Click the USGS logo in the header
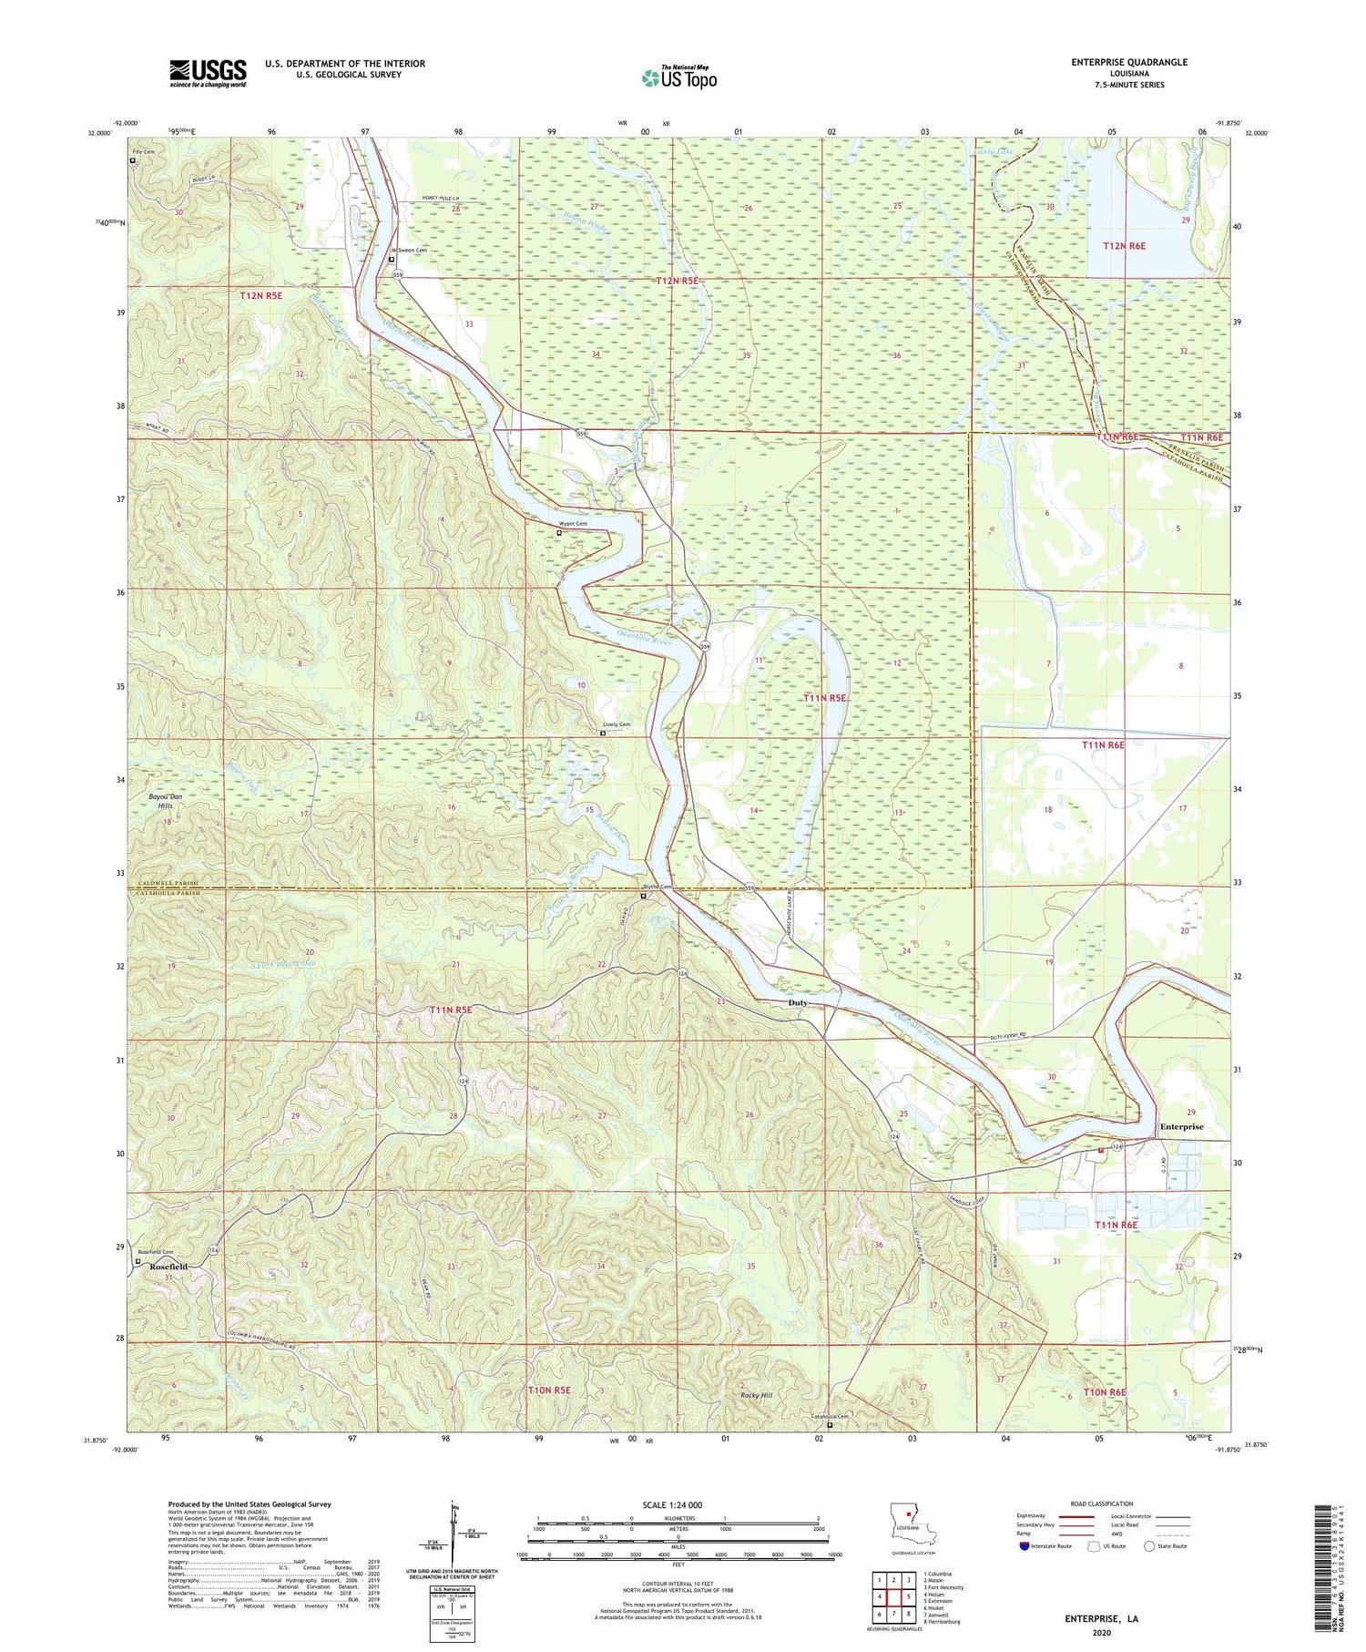(208, 73)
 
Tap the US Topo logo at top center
(678, 78)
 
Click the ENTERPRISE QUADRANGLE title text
(1130, 62)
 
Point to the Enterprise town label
(1181, 1127)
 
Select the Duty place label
(797, 1003)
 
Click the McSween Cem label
(409, 250)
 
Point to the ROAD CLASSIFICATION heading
(1102, 1503)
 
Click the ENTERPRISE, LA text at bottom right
(1101, 1619)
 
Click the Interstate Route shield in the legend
(1024, 1546)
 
